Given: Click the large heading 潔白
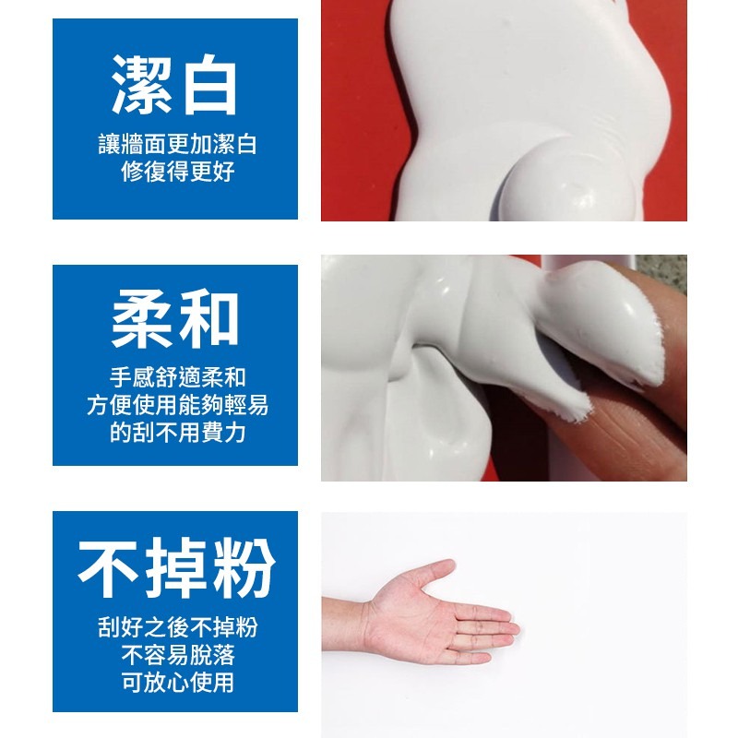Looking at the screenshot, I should (175, 85).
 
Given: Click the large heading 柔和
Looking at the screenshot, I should (175, 322).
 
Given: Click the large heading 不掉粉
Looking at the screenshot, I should (175, 568).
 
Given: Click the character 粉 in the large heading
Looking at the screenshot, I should (243, 568).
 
